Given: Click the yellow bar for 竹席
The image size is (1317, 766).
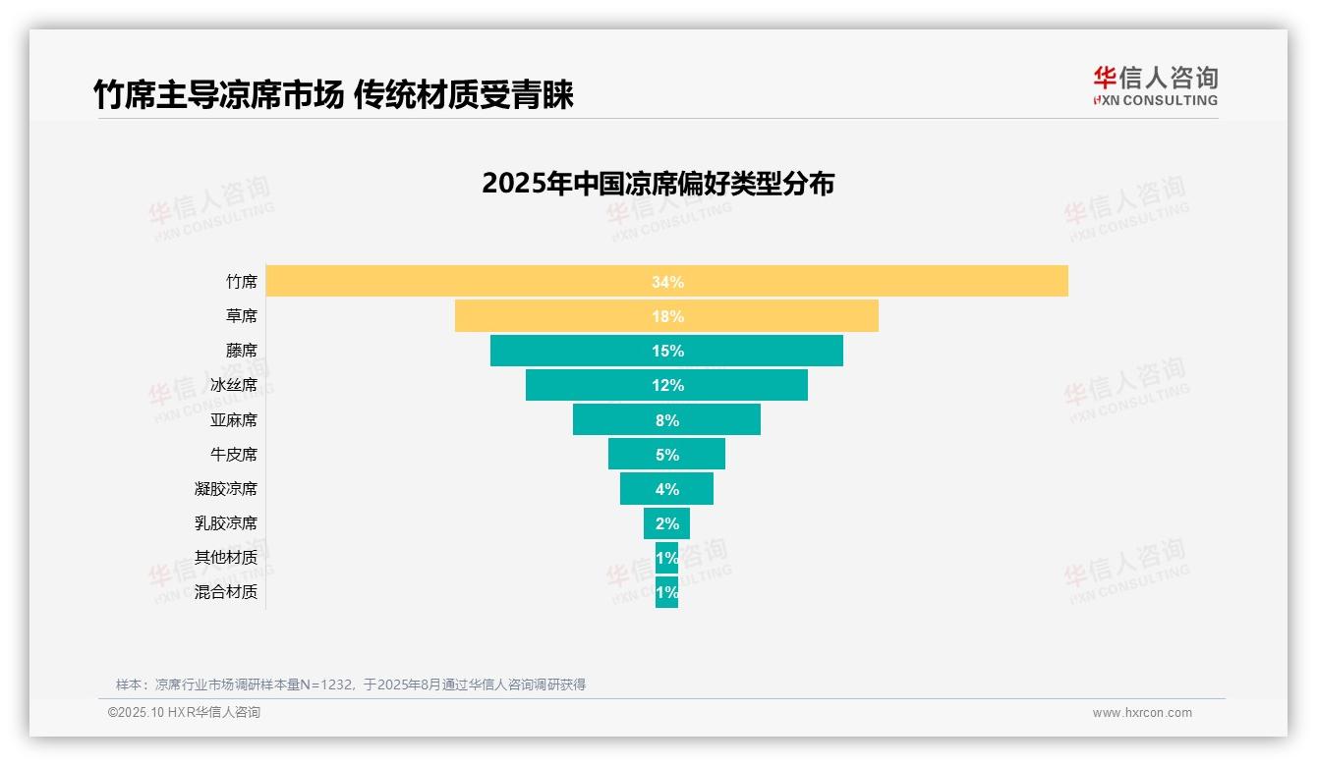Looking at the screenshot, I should point(885,282).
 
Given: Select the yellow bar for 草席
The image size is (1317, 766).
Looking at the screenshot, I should point(767,316).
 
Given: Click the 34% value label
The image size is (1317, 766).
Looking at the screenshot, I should point(667,282).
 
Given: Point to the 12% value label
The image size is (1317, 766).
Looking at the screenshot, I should point(667,385).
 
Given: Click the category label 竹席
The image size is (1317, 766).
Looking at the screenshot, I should point(241,282).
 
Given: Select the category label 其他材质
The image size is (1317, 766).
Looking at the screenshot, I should point(226,558).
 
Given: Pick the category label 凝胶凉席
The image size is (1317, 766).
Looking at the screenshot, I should point(226,489).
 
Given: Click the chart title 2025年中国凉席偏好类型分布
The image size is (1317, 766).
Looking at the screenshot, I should point(658,184).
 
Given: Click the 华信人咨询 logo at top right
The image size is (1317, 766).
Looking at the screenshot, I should point(1155,85).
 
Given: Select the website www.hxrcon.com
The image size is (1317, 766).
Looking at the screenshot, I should point(1142,713).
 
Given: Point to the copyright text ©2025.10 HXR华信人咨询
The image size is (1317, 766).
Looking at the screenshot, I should point(184,713).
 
